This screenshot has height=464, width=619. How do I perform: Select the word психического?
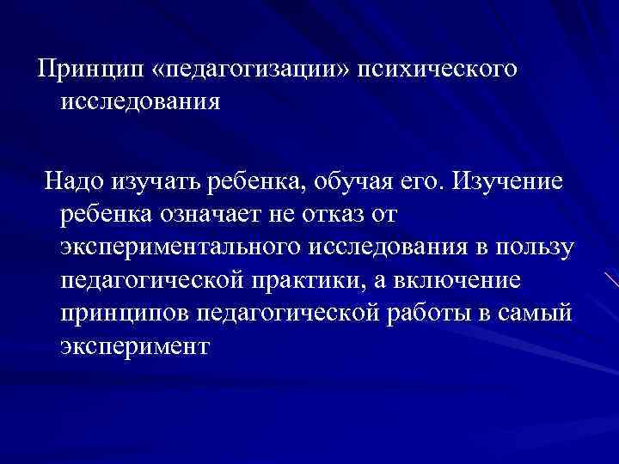(444, 68)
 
